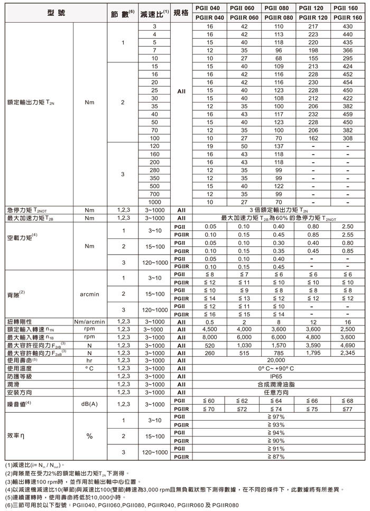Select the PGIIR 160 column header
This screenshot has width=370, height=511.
[347, 18]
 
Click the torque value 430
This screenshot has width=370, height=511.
[347, 26]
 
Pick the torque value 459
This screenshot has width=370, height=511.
[347, 114]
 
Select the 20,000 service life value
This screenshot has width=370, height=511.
[279, 360]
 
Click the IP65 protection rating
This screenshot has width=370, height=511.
[279, 376]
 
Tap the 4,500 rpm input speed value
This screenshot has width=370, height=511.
[210, 329]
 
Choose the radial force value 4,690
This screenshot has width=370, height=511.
[347, 345]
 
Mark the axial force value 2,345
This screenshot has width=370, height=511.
[347, 352]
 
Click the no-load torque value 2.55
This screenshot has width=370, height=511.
[347, 235]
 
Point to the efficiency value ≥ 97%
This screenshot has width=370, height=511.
[279, 417]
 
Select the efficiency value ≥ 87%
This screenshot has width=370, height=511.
[279, 456]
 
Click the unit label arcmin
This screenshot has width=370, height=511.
[89, 294]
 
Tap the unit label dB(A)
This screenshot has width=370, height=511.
[89, 404]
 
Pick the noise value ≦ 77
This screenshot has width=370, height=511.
[347, 408]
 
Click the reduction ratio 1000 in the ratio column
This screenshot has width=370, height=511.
[154, 201]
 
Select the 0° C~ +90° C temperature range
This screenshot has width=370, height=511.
[279, 368]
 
